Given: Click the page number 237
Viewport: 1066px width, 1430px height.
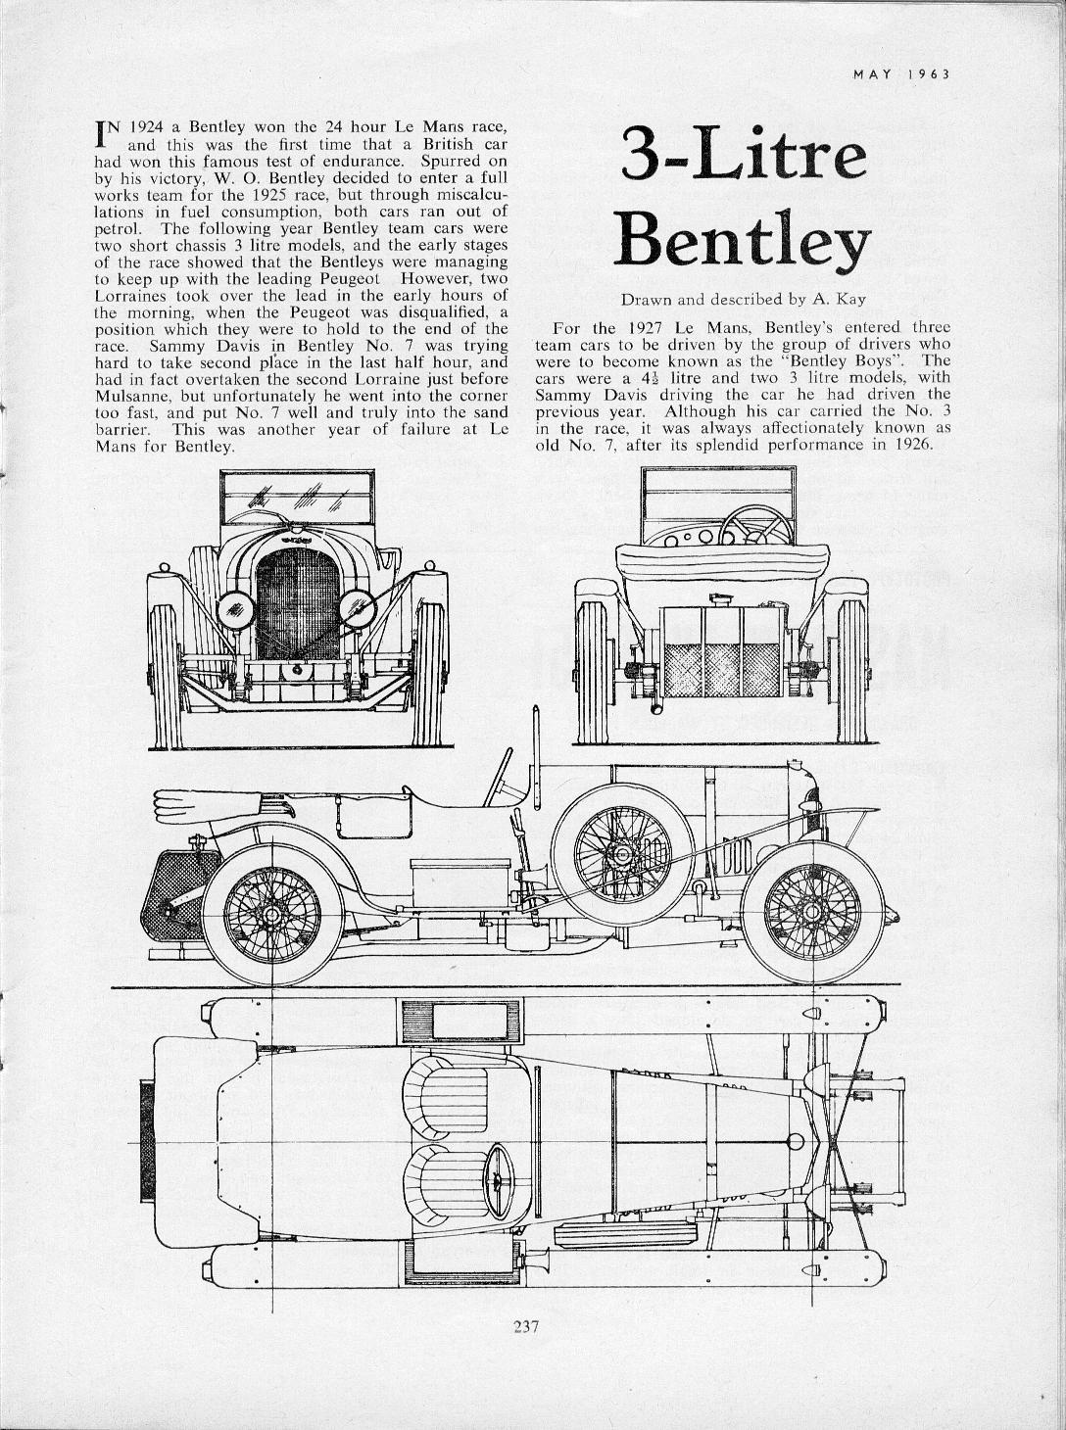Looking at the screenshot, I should click(x=527, y=1328).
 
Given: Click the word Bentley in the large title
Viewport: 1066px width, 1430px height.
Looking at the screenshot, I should click(x=742, y=241).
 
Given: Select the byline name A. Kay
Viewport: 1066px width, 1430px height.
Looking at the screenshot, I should click(x=839, y=300).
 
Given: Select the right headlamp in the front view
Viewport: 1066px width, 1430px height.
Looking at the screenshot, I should click(x=357, y=610).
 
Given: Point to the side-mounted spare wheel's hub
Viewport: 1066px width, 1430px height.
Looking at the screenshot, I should click(x=618, y=853).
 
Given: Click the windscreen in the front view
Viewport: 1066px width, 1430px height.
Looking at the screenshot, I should click(x=297, y=499).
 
